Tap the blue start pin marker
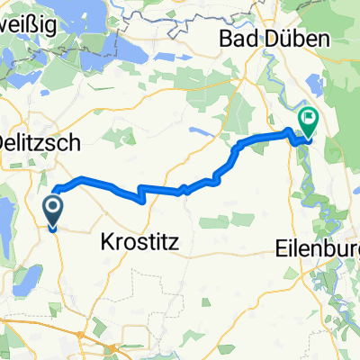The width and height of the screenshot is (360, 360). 53,212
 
